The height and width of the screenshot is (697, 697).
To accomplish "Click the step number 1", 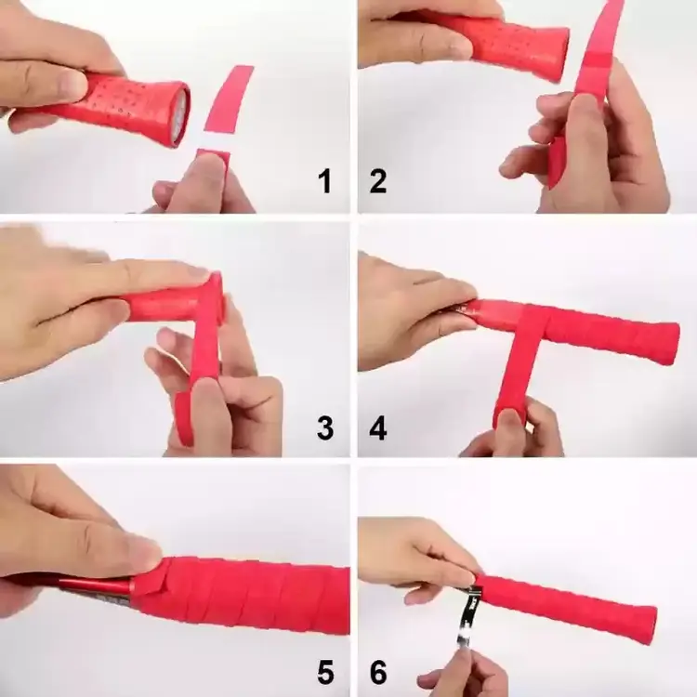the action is tap(325, 181).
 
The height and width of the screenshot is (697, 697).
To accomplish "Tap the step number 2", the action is tap(378, 181).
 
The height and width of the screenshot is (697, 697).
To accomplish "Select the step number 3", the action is tap(325, 428).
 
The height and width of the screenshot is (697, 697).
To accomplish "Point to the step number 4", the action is tap(378, 428).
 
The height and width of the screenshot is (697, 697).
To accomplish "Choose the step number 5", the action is tap(325, 672).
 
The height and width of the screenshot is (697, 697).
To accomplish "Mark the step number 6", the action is tap(378, 672).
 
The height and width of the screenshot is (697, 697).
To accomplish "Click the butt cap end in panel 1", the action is tap(179, 114).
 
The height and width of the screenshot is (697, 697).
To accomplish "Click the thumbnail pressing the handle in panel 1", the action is tap(72, 83).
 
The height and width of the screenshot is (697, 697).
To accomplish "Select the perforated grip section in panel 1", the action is tap(133, 104).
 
